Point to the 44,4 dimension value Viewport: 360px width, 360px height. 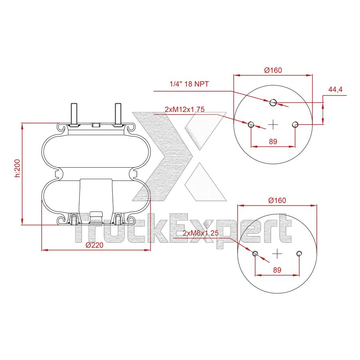click(x=335, y=90)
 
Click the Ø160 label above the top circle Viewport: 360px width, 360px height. click(x=273, y=70)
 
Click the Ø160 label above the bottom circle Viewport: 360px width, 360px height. click(x=277, y=200)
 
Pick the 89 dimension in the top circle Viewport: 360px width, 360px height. click(x=273, y=141)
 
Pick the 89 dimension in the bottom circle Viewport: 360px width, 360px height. click(x=277, y=270)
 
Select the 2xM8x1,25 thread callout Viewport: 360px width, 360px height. click(x=200, y=233)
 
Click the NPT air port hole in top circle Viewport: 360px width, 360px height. click(x=273, y=102)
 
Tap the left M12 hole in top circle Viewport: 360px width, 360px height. click(x=251, y=124)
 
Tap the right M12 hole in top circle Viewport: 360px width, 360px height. click(x=295, y=124)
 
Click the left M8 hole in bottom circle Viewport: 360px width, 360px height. click(x=255, y=253)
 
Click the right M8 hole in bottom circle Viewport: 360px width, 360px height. click(x=299, y=253)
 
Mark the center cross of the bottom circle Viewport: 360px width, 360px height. click(x=277, y=253)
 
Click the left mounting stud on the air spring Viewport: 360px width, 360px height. click(x=74, y=114)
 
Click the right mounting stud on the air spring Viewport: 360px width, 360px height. click(x=118, y=114)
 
